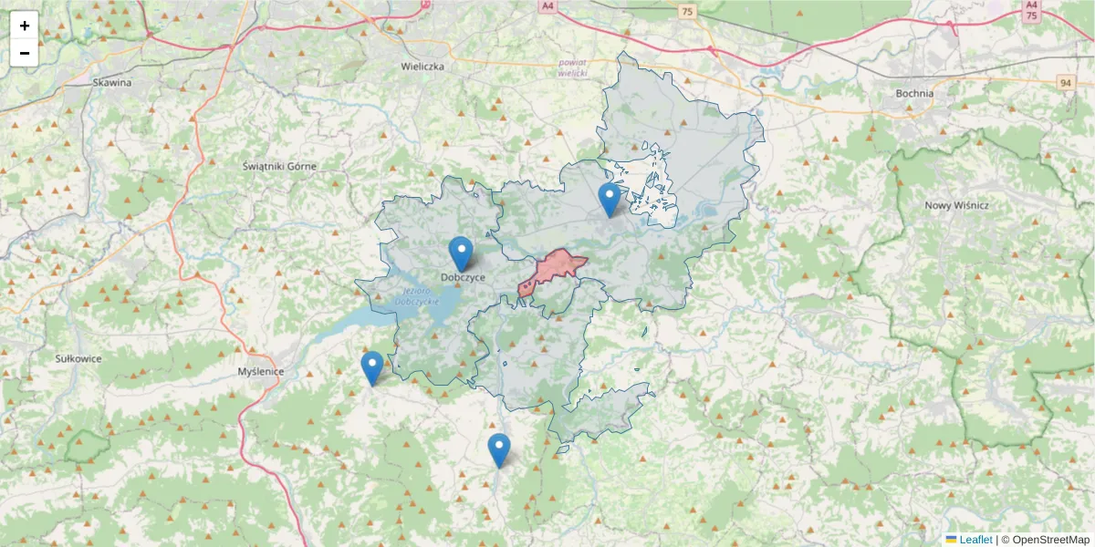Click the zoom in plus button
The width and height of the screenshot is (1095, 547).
[25, 26]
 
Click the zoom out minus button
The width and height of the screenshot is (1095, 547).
[25, 53]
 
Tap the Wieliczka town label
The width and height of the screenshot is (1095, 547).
[422, 67]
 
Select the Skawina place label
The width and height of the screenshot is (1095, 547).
[112, 82]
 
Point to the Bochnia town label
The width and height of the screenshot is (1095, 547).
[914, 93]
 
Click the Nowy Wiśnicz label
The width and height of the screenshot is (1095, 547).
[956, 205]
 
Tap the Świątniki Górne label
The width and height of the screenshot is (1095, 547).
[279, 166]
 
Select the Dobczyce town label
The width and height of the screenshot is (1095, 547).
[462, 277]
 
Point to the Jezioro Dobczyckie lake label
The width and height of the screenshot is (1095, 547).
[419, 295]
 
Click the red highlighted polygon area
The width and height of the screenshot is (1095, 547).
[554, 269]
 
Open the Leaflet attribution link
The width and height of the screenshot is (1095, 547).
[975, 540]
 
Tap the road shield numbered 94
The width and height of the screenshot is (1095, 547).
[1065, 83]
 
